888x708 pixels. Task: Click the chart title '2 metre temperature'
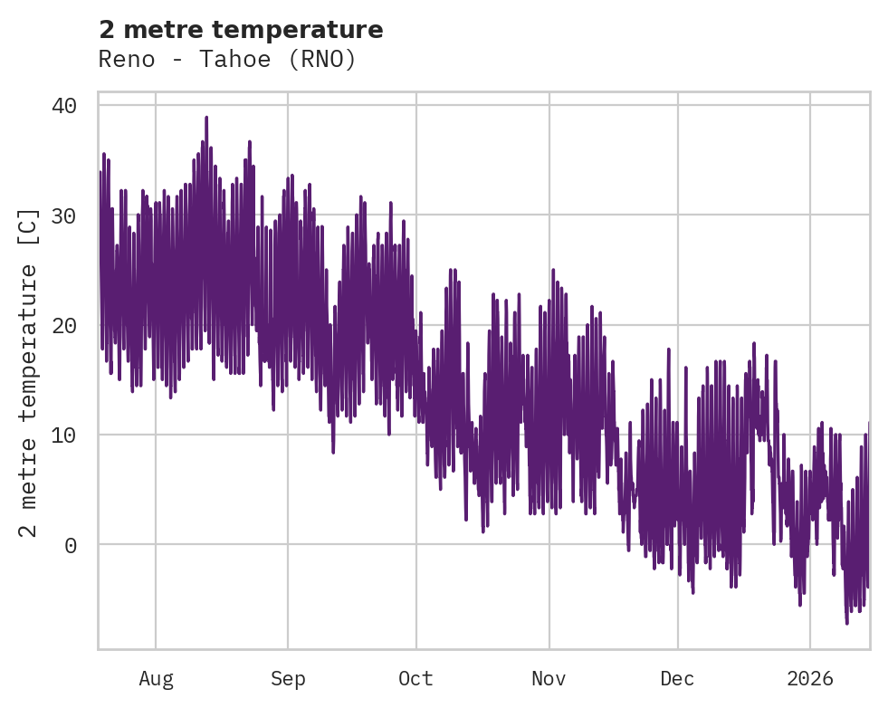(x=241, y=30)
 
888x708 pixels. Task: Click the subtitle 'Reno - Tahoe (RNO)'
(x=227, y=60)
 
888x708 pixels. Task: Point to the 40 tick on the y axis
(x=63, y=106)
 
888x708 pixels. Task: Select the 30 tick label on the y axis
(x=63, y=215)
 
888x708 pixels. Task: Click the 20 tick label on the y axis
(x=63, y=325)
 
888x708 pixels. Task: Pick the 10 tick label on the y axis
(x=63, y=435)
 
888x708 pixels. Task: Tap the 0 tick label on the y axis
(x=70, y=545)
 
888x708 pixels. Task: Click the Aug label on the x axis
(x=156, y=679)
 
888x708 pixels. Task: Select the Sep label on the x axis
(x=288, y=679)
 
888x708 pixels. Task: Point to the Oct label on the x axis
(x=416, y=679)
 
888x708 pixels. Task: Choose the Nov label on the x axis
(x=549, y=679)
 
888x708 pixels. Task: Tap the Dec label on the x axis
(x=677, y=679)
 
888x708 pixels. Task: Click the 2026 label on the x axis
(x=810, y=679)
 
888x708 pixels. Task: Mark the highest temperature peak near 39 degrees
(x=206, y=118)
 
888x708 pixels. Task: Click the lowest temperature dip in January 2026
(x=847, y=622)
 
